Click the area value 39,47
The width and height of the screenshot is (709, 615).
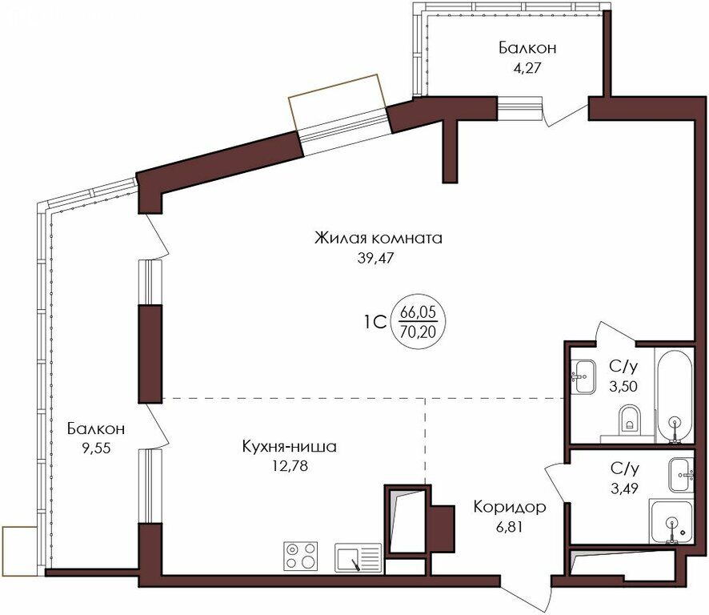pos(376,258)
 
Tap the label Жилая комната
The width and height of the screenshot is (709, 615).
pos(378,238)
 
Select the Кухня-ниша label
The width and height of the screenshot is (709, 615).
pos(290,447)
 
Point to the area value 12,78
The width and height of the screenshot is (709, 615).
pos(290,466)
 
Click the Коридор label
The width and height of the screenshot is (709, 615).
pos(510,508)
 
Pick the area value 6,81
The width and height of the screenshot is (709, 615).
pos(509,527)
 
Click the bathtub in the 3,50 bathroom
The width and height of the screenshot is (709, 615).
pos(675,396)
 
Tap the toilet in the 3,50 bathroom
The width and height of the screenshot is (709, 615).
pos(629,418)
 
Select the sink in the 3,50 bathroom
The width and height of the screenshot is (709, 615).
pos(583,376)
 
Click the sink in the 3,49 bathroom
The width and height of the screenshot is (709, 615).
pos(681,475)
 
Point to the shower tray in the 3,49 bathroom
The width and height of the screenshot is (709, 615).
pos(671,522)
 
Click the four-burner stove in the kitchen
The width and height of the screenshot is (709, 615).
pos(301,557)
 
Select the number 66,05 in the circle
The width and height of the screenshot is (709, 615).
pos(418,312)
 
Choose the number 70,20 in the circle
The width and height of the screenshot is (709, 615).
pos(418,332)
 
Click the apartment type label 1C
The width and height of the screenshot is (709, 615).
pos(375,322)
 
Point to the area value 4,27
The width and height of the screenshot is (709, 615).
pos(527,68)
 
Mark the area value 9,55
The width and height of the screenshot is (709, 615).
pos(96,448)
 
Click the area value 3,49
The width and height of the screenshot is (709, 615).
pos(624,488)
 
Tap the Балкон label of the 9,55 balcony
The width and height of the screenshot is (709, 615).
pos(96,428)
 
